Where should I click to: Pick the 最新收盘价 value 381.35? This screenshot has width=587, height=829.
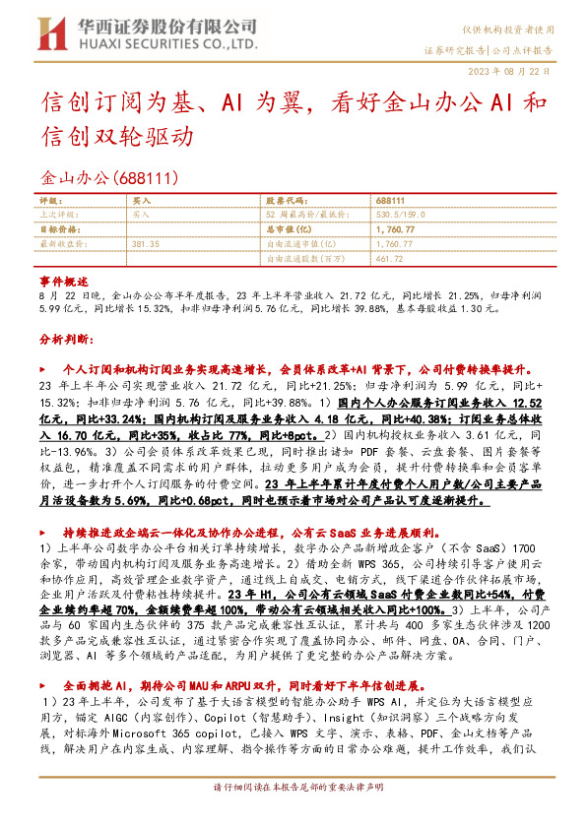(145, 242)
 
